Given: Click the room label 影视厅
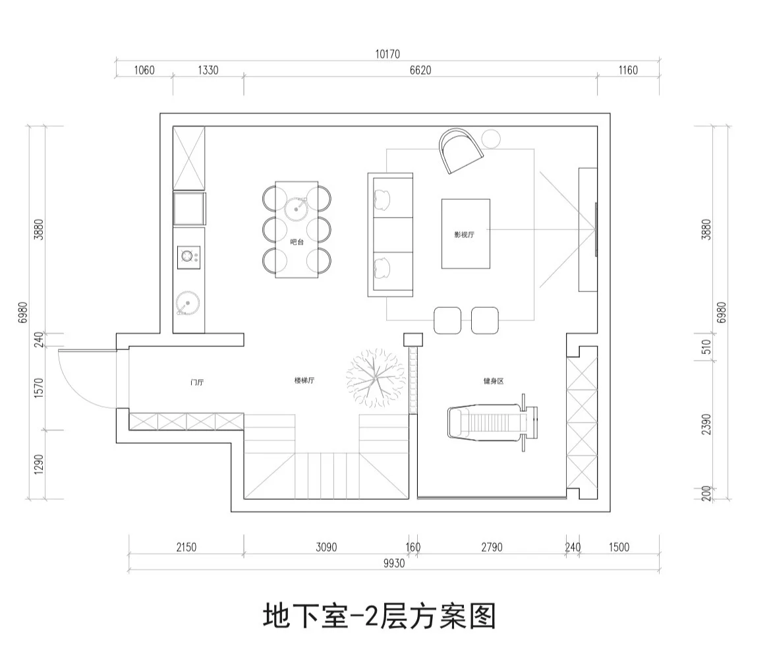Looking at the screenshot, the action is (x=465, y=235).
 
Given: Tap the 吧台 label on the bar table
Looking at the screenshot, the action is (x=297, y=242).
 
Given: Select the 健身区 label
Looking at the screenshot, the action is (x=493, y=381).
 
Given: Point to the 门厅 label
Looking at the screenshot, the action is (x=196, y=382).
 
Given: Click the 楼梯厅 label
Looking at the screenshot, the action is (x=304, y=381).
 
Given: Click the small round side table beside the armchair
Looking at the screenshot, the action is (x=491, y=139).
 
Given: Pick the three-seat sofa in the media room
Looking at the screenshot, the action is (x=389, y=234).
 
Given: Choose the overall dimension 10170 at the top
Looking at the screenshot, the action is (x=387, y=54).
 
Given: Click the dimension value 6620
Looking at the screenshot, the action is (x=420, y=71).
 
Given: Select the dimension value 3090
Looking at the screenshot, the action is (x=326, y=547).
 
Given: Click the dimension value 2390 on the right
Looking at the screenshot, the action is (x=706, y=424).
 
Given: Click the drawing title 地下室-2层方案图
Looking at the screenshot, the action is (x=379, y=616).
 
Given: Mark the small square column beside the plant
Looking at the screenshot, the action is (x=413, y=339).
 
